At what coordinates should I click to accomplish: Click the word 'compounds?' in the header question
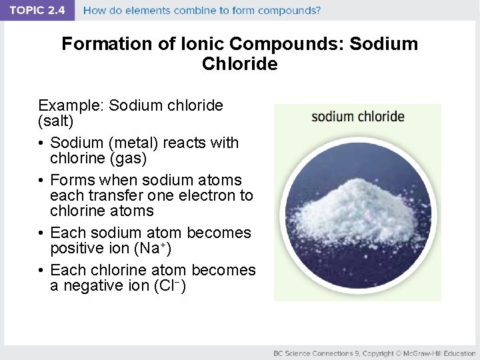[291, 11]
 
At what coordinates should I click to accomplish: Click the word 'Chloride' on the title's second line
[239, 64]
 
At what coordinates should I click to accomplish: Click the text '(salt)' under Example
[56, 121]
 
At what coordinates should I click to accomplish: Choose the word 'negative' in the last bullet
[95, 286]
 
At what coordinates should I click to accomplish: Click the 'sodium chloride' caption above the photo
[358, 117]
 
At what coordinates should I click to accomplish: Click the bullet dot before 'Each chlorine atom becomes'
[41, 270]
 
